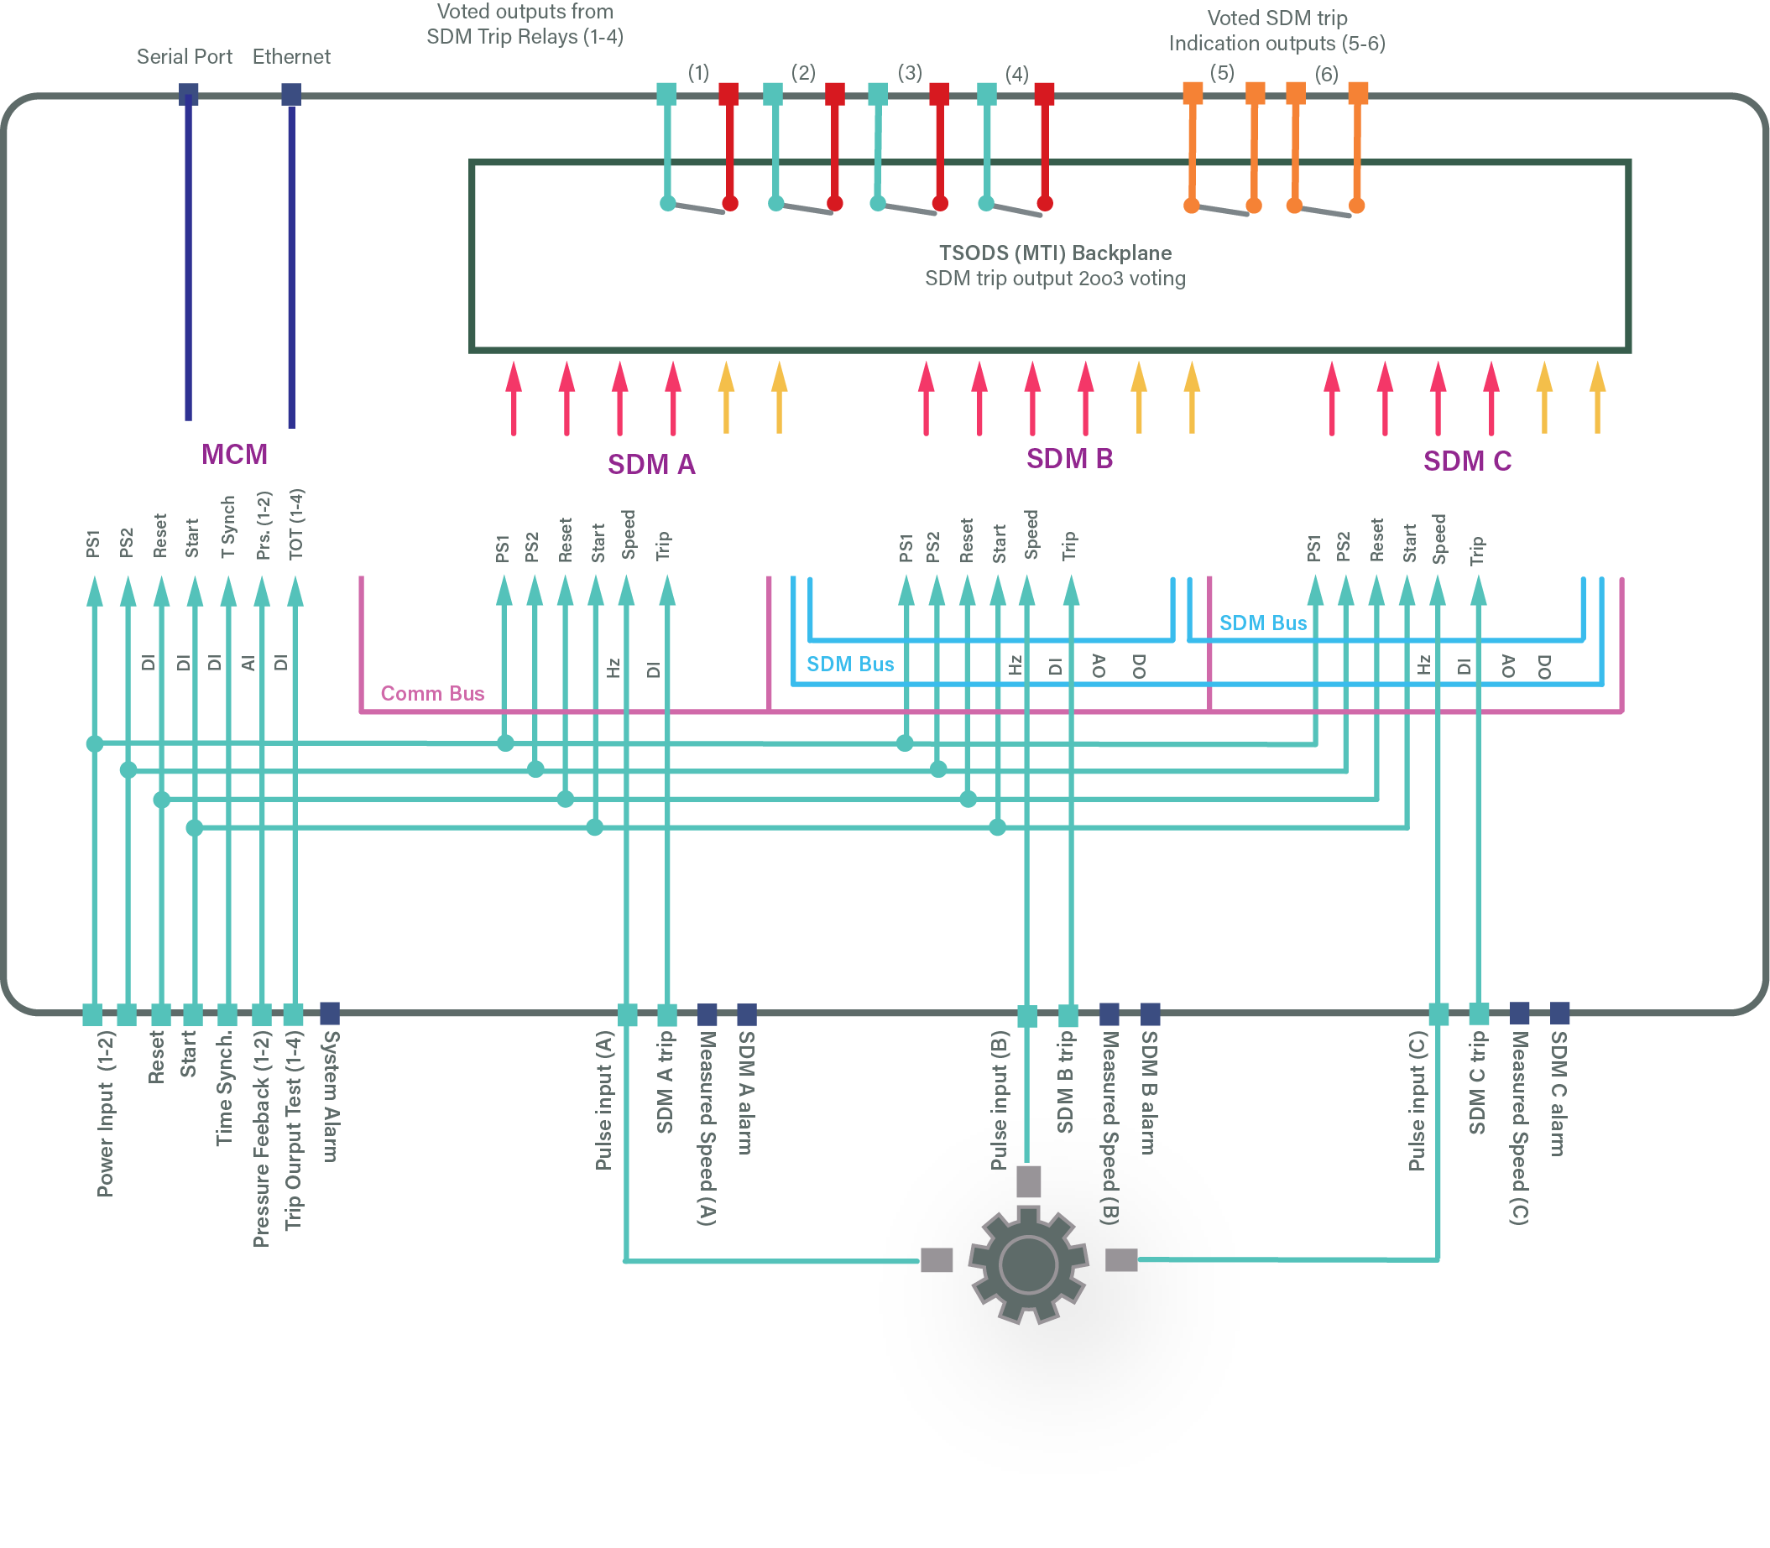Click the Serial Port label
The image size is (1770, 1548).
184,57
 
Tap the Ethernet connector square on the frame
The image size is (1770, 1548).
291,94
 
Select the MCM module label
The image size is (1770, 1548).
234,455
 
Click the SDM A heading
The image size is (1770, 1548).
650,465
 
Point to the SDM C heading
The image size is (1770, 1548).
1467,461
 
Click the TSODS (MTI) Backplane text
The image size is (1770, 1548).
1054,253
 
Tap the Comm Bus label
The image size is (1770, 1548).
432,694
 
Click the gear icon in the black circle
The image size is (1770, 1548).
1027,1265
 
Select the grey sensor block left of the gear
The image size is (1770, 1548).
936,1260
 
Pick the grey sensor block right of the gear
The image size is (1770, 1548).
1121,1260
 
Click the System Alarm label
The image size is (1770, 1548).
330,1097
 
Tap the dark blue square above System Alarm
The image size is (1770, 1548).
329,1013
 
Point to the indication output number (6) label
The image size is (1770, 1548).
1326,75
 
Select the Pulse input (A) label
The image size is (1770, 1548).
604,1101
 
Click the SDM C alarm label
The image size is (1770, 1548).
1558,1093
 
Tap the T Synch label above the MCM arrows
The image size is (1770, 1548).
228,527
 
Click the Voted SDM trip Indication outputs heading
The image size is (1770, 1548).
1277,30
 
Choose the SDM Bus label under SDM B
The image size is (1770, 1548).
849,665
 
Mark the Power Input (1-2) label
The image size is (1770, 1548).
106,1113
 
